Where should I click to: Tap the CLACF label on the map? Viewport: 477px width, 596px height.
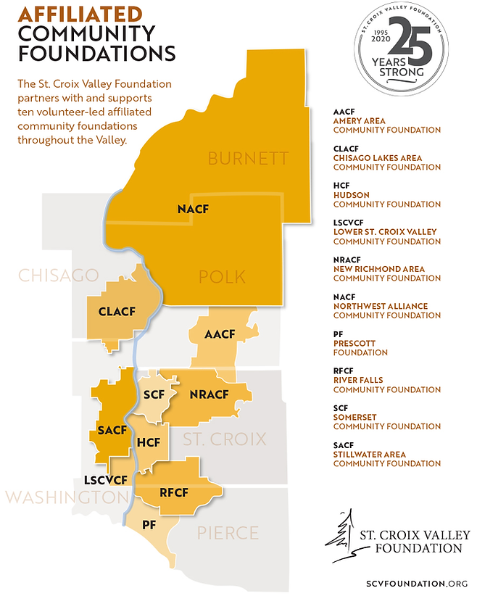pyautogui.click(x=117, y=313)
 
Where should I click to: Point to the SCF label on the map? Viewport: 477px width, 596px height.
pyautogui.click(x=154, y=394)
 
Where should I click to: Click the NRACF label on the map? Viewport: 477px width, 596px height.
pyautogui.click(x=210, y=394)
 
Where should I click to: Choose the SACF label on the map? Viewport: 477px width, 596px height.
pyautogui.click(x=112, y=430)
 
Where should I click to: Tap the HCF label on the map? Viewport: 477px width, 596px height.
pyautogui.click(x=149, y=442)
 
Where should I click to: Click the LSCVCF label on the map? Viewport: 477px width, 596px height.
pyautogui.click(x=106, y=480)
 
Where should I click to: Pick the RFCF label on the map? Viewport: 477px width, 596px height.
pyautogui.click(x=174, y=492)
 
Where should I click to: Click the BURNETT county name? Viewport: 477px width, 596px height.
pyautogui.click(x=248, y=158)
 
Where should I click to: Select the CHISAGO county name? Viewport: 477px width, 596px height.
pyautogui.click(x=58, y=276)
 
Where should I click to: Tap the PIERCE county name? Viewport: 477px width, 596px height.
pyautogui.click(x=228, y=533)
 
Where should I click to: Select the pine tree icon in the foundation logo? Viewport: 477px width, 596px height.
pyautogui.click(x=344, y=535)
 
